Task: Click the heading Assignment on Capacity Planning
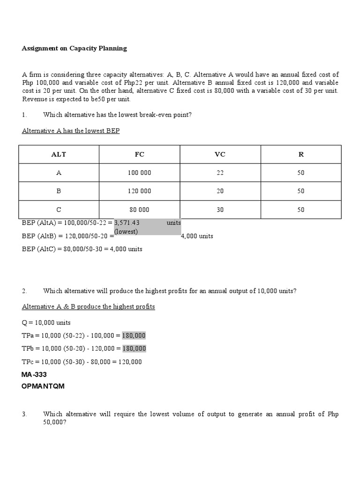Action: point(74,48)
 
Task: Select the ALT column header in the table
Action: point(59,154)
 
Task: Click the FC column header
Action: point(139,154)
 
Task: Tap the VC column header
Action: point(220,154)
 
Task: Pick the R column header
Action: point(301,154)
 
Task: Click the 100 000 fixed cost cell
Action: point(139,173)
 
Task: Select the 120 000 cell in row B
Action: point(139,191)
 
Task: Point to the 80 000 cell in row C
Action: point(139,210)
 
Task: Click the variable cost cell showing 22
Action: point(220,173)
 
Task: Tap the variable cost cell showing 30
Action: point(220,210)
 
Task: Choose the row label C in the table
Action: point(59,210)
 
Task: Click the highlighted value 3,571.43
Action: point(127,223)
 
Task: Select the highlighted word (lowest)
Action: point(126,232)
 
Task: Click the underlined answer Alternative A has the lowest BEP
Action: point(71,131)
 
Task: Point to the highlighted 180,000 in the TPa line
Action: point(134,336)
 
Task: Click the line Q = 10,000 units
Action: point(46,323)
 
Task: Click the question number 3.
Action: point(24,414)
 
